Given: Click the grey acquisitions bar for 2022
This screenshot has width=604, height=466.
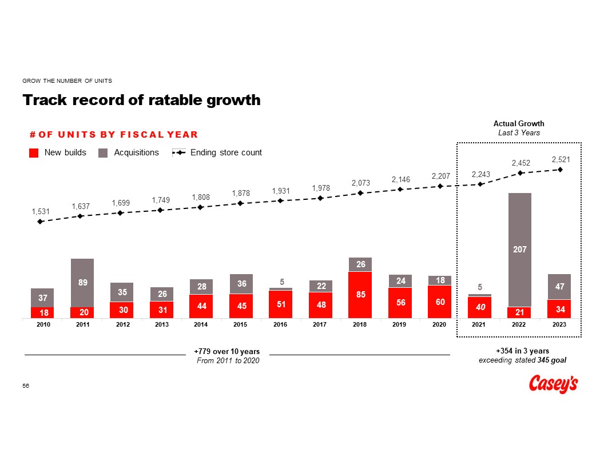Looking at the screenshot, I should (520, 228).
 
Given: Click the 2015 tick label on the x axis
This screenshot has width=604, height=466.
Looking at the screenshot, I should (241, 325).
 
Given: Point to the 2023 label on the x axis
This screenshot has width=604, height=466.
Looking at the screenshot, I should (560, 325).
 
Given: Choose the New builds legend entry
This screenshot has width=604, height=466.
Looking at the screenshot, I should (58, 152).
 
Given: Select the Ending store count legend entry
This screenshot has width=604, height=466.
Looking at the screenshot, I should (217, 152).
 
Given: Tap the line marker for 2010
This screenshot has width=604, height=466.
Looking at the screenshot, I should (40, 222).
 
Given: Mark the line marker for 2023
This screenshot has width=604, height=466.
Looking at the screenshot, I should (561, 169).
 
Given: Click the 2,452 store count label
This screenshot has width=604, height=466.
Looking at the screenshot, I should (521, 163).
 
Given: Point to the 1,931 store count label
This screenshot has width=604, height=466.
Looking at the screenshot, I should (281, 190).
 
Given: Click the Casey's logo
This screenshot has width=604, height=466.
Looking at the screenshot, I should (553, 384).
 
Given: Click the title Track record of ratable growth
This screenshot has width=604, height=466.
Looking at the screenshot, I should (141, 101).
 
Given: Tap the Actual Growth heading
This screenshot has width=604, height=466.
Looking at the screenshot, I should (519, 123).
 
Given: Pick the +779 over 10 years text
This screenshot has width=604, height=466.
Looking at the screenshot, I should (227, 351).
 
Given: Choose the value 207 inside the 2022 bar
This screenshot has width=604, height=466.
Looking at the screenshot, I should (520, 250).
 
